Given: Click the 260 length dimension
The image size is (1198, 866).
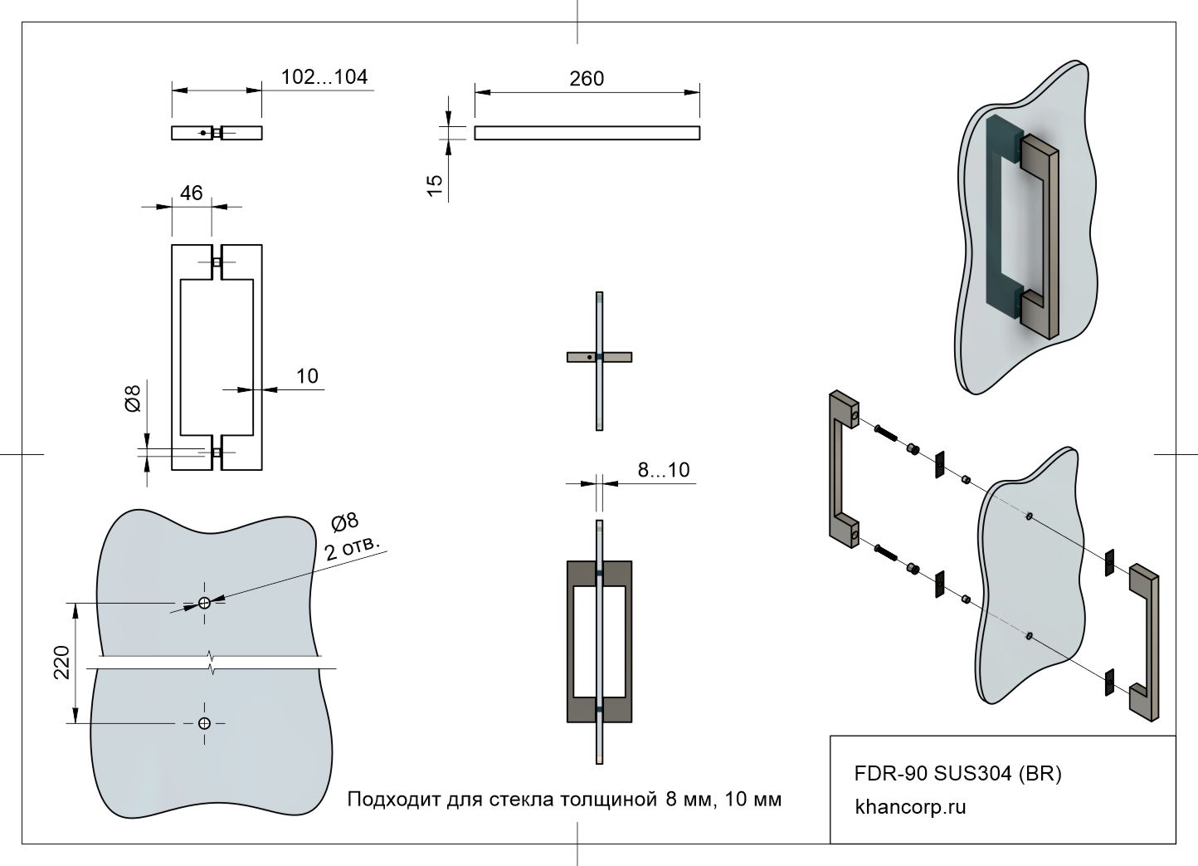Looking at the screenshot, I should (587, 79).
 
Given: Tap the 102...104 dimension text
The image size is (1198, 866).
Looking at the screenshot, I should (324, 77).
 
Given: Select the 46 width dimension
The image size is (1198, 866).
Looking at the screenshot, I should (191, 193).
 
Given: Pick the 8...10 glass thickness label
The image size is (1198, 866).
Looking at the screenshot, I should (663, 470).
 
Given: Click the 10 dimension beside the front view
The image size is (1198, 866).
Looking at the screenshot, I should (307, 376).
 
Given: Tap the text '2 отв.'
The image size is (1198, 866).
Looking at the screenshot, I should (352, 548).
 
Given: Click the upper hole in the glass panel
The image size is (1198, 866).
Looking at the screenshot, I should (205, 603).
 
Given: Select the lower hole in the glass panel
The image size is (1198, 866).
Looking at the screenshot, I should (205, 723).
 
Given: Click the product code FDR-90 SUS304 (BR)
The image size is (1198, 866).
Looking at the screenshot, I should (957, 774).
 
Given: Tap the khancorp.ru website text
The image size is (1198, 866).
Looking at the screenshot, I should (910, 807).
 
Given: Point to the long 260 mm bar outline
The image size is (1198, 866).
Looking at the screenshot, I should (587, 132).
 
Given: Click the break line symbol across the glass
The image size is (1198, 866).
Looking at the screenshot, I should (212, 663).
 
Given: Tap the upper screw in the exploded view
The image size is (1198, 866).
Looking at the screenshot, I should (887, 434).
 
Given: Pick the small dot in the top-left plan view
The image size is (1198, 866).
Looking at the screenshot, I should (202, 133).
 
